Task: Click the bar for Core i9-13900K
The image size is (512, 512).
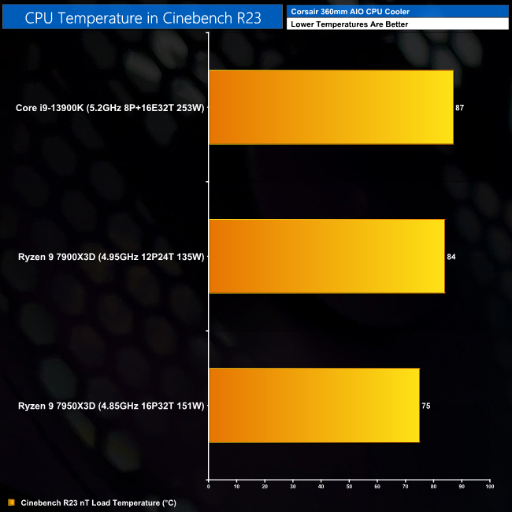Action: coord(331,107)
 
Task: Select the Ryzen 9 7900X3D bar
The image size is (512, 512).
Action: coord(326,256)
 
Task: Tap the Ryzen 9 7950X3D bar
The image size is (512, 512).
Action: coord(314,406)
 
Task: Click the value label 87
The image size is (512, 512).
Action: coord(459,107)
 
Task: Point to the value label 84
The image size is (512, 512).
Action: coord(451,257)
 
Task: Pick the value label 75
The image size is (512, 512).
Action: coord(426,406)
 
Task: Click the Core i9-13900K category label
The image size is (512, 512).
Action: coord(110,107)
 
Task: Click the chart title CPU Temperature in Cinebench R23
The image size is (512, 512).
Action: coord(143,16)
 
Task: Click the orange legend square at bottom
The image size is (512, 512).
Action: coord(11,502)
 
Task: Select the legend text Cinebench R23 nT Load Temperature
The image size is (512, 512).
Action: coord(98,502)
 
